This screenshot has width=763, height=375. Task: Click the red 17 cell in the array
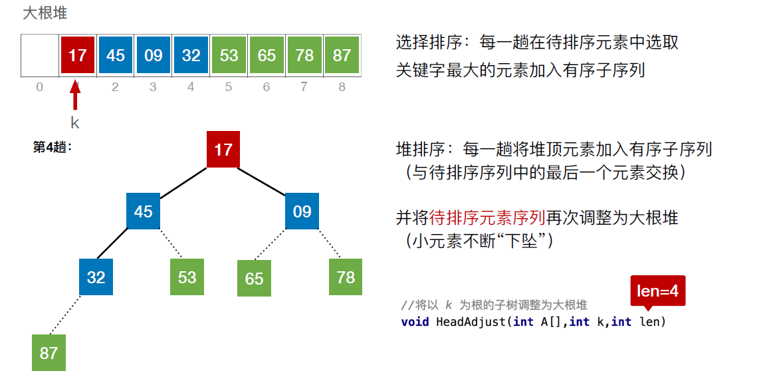pos(77,55)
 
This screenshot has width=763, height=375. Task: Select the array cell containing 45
pos(115,55)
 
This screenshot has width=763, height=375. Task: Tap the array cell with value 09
pos(153,55)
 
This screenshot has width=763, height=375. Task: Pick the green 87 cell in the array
pos(342,55)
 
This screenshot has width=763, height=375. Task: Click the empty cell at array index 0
pos(40,55)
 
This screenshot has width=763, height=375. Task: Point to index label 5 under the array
pos(229,87)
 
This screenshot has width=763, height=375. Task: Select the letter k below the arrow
pos(75,122)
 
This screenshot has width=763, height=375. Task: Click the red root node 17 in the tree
pos(223,149)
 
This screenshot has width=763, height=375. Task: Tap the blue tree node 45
pos(143,211)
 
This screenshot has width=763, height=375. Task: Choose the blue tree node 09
pos(302,211)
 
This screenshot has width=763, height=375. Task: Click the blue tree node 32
pos(96,277)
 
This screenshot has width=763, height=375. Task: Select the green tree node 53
pos(187,277)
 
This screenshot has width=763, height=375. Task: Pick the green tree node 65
pos(254,278)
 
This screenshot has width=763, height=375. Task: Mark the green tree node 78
pos(346,277)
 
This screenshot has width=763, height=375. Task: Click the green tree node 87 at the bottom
pos(49,352)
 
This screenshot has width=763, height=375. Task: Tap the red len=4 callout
pos(657,291)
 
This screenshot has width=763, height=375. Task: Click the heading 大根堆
pos(45,13)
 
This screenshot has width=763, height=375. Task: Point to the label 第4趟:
pos(53,147)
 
